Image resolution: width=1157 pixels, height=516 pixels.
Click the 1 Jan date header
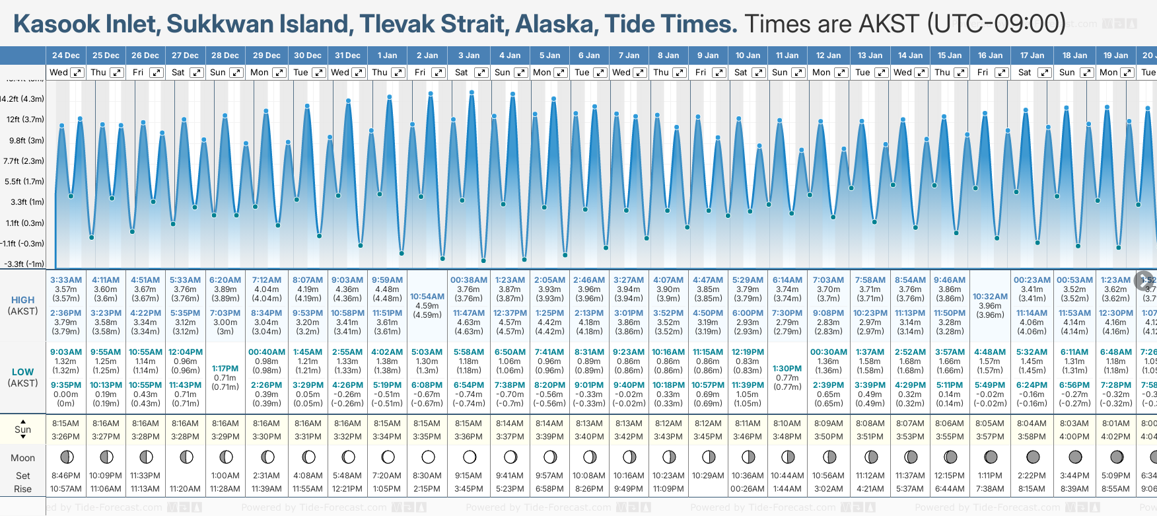(387, 55)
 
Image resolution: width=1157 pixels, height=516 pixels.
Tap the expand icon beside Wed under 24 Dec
(77, 73)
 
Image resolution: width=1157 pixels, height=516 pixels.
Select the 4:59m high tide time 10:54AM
(427, 297)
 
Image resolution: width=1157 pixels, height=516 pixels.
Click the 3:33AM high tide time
(66, 280)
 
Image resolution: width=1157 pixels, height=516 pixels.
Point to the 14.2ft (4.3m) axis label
(22, 99)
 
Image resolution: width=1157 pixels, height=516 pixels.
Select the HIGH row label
(22, 300)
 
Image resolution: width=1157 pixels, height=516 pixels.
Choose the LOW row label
(22, 372)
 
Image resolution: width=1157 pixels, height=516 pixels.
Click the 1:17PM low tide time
(225, 369)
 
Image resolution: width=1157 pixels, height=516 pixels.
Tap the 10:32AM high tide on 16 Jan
(990, 297)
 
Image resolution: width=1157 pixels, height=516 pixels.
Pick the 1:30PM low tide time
(787, 369)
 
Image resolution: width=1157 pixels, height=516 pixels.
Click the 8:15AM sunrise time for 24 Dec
(66, 424)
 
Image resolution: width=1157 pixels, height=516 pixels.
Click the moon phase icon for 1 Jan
(388, 457)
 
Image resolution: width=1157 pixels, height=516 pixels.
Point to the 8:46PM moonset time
(66, 476)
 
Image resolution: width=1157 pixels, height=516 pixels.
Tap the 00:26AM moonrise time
(748, 489)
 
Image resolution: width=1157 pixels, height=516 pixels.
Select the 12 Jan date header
(828, 55)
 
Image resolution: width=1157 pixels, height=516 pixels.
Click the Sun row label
(22, 429)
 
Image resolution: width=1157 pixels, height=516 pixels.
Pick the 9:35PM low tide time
(66, 385)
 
